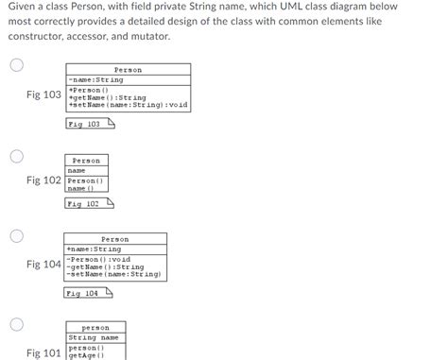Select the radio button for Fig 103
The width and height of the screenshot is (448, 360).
17,65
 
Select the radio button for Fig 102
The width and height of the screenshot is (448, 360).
17,156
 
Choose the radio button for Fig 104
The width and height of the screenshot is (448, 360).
17,234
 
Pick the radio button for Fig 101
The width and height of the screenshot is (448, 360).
17,325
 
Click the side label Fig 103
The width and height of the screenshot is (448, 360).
44,95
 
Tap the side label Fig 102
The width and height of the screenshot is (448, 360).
44,180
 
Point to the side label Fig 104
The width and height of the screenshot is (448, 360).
44,265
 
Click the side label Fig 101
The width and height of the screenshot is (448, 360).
44,352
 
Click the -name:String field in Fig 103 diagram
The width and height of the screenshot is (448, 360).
95,80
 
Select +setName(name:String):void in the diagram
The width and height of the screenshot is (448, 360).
129,104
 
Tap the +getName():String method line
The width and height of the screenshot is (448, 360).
108,96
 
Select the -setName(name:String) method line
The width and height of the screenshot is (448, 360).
114,274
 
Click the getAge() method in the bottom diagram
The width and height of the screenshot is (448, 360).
86,355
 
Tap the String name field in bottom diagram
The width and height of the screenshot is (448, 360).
94,337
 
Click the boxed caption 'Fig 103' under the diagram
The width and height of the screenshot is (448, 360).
84,124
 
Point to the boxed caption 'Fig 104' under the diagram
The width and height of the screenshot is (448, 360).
84,294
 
